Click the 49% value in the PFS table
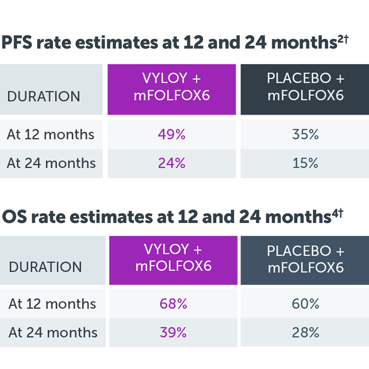click(172, 134)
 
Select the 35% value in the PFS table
click(305, 134)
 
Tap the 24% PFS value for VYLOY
click(172, 163)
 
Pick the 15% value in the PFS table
click(305, 163)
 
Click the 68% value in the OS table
click(173, 304)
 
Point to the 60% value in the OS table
click(306, 304)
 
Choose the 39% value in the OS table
click(173, 332)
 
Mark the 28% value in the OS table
click(306, 332)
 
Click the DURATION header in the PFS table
click(44, 96)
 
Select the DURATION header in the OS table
click(45, 267)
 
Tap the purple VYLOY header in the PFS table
click(172, 87)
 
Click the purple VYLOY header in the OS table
click(173, 258)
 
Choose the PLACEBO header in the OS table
click(306, 259)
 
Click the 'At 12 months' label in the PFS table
click(51, 134)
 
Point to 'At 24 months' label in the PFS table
click(51, 163)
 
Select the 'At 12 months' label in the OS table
click(52, 304)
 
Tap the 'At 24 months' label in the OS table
click(53, 332)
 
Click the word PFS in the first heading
click(17, 43)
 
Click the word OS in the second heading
click(14, 217)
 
